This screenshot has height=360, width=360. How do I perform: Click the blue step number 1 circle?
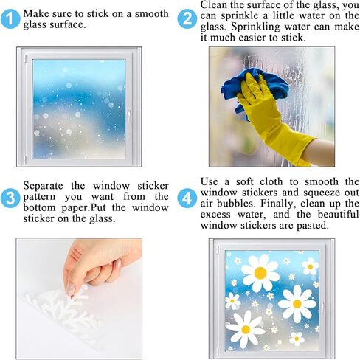click(x=10, y=19)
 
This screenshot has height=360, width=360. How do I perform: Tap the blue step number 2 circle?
click(x=187, y=19)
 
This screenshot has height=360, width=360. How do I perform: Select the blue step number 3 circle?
click(x=10, y=198)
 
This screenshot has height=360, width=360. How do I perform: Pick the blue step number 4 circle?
click(x=187, y=198)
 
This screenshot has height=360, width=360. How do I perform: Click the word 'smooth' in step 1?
click(x=152, y=13)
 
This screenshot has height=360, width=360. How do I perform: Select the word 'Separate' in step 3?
click(x=43, y=186)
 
